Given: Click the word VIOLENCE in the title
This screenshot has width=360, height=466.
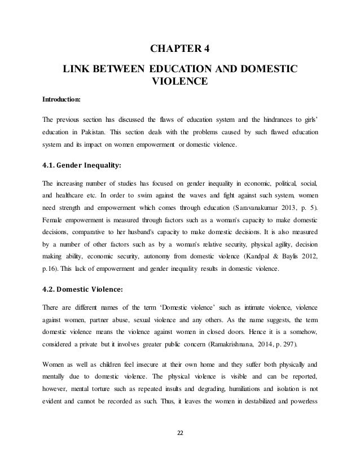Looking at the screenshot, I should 179,83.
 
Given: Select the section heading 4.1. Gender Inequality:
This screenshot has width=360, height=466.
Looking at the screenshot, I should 82,165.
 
